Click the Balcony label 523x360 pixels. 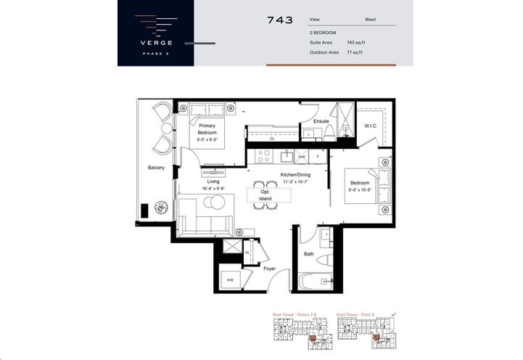tap(156, 168)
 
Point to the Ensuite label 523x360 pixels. tap(312, 120)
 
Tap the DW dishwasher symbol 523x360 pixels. tap(302, 156)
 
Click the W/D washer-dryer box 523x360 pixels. tap(231, 279)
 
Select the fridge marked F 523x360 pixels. tap(318, 156)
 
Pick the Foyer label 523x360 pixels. tap(269, 269)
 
